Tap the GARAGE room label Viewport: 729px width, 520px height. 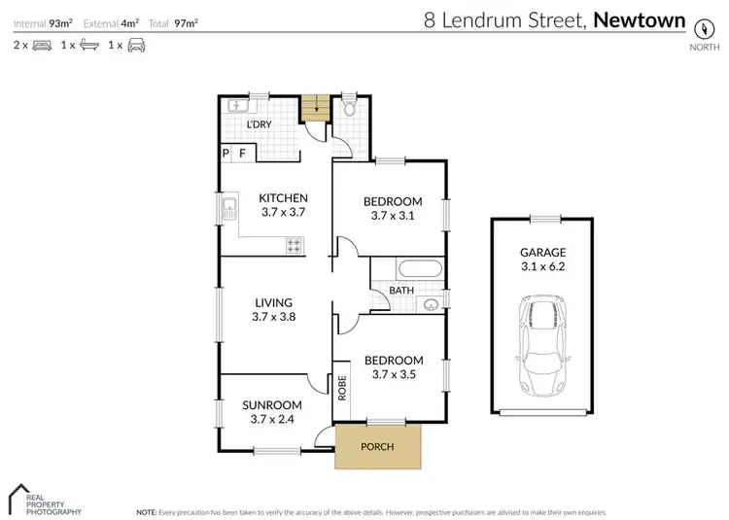point(541,252)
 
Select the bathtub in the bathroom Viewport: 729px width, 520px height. point(420,269)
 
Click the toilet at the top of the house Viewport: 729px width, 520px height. point(350,110)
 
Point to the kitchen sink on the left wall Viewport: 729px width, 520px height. point(230,207)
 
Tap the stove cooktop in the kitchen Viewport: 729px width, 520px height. point(293,247)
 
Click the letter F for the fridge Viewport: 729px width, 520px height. point(243,154)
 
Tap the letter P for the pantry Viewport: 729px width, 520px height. point(226,154)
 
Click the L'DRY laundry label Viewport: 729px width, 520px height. point(259,125)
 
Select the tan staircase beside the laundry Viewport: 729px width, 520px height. point(311,107)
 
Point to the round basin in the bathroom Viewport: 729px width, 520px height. point(432,304)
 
